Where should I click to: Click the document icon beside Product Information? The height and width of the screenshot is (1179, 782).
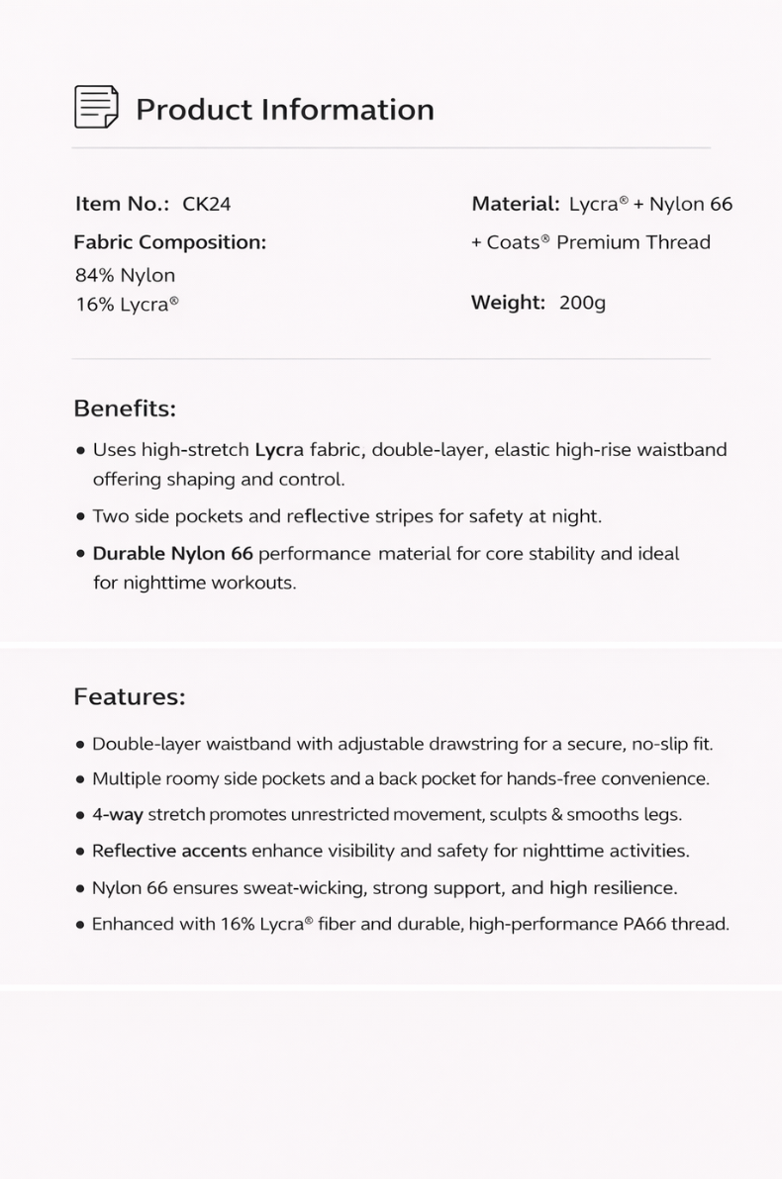pos(96,107)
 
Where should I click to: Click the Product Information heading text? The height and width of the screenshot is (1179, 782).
pos(285,110)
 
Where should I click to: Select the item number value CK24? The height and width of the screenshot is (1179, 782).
pos(207,205)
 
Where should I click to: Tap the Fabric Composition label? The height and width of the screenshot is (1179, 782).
pos(170,242)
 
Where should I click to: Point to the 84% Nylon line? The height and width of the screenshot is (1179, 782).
pos(125,275)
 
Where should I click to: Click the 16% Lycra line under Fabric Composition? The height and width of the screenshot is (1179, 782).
pos(127,305)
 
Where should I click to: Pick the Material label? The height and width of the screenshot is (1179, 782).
pos(516,205)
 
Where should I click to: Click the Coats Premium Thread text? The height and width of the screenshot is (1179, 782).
pos(598,242)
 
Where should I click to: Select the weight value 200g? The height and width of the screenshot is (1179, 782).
pos(582,303)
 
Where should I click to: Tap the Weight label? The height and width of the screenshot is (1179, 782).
pos(508,303)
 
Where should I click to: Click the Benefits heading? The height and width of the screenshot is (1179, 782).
pos(125,408)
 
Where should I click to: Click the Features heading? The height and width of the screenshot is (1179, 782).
pos(130,697)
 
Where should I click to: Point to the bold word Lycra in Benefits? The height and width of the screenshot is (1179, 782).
pos(279,450)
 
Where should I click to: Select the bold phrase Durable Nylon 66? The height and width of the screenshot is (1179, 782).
pos(172,554)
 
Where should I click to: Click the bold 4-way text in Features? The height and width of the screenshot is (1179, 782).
pos(118,815)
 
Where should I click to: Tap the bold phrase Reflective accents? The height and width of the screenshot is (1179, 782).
pos(169,851)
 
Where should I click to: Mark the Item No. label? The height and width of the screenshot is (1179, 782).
pos(122,205)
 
